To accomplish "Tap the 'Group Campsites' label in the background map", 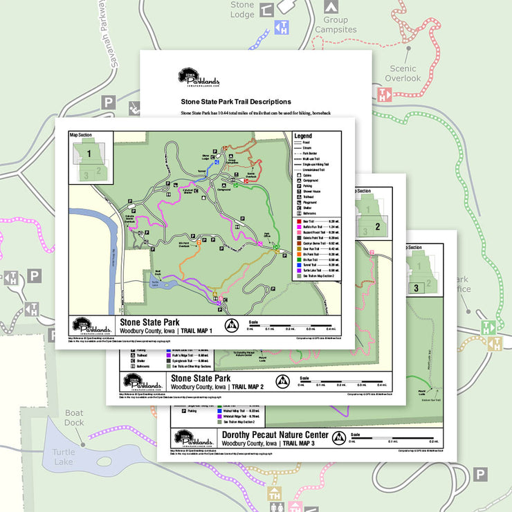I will tap(336, 25).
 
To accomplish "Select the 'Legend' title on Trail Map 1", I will tap(303, 136).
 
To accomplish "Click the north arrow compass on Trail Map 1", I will tap(232, 325).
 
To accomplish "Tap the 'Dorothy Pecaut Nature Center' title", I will tap(275, 435).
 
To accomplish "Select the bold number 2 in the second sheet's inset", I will tap(378, 226).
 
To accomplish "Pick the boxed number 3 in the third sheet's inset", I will tap(416, 287).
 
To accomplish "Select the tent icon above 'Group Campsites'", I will tap(331, 6).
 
